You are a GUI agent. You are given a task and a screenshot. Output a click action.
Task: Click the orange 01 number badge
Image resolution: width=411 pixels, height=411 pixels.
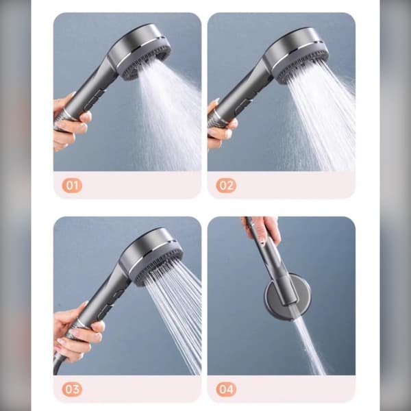click(72, 186)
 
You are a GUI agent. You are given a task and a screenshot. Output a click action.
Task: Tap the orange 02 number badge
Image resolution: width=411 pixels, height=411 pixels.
click(226, 186)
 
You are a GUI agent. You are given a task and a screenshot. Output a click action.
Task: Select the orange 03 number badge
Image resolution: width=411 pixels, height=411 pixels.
click(72, 389)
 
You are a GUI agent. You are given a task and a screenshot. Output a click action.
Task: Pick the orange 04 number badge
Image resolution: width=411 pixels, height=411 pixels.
click(226, 389)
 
